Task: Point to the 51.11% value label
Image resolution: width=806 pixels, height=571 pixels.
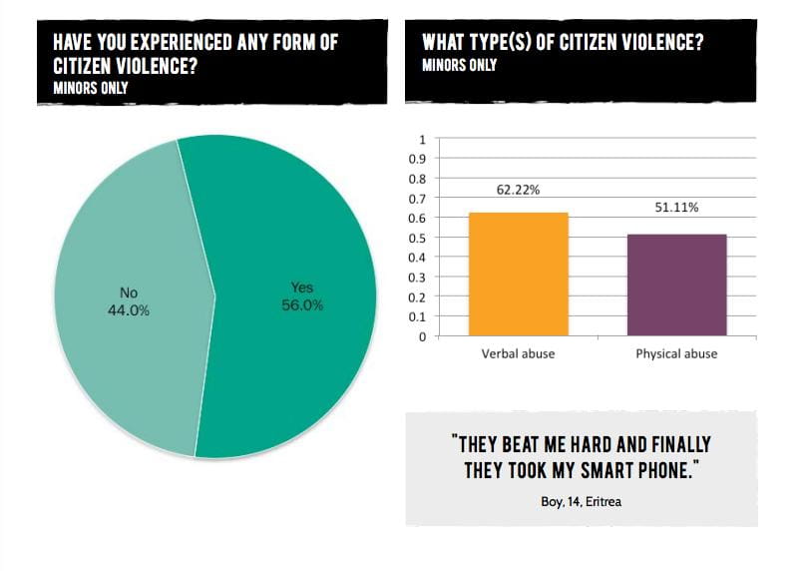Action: pos(677,208)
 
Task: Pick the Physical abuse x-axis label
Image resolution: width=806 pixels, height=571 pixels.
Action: pos(676,353)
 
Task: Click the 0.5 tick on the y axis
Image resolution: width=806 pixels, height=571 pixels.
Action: pos(419,238)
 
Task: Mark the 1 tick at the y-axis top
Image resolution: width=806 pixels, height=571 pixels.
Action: pos(423,139)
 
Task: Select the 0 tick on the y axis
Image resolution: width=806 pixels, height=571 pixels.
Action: pos(423,336)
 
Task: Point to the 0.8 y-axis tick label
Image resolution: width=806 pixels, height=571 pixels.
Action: pos(419,179)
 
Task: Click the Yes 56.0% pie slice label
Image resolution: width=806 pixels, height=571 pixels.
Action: pos(301,296)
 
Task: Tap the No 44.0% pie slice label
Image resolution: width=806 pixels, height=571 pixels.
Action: pos(129,301)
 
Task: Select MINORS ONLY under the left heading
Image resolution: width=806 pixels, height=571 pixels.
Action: pos(91,87)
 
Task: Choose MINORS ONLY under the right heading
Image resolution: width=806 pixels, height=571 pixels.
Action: pos(459,65)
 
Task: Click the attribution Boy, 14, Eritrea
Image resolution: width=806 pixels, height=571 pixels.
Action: pos(580,501)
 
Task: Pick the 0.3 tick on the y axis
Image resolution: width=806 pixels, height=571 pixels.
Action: pos(419,278)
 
